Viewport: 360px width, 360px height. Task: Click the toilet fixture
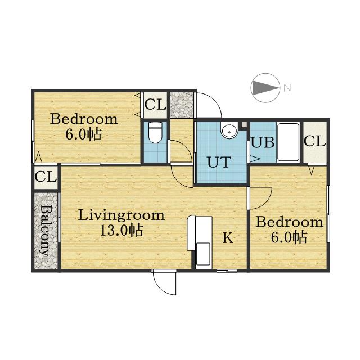pyautogui.click(x=155, y=132)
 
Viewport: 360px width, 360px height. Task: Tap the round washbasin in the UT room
pyautogui.click(x=229, y=129)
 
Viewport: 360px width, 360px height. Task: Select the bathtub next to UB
pyautogui.click(x=289, y=142)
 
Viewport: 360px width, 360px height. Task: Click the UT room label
pyautogui.click(x=219, y=162)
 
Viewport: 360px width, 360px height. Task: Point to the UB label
pyautogui.click(x=263, y=142)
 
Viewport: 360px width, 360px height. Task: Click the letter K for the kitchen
pyautogui.click(x=228, y=237)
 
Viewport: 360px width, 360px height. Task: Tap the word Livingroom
pyautogui.click(x=121, y=215)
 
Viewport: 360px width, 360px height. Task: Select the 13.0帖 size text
pyautogui.click(x=121, y=230)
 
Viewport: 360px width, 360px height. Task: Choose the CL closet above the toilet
pyautogui.click(x=155, y=105)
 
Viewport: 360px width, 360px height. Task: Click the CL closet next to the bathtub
pyautogui.click(x=315, y=141)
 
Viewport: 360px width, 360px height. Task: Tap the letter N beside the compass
pyautogui.click(x=287, y=88)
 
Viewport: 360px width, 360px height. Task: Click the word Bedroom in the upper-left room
pyautogui.click(x=84, y=119)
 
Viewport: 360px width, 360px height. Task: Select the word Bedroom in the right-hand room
pyautogui.click(x=289, y=222)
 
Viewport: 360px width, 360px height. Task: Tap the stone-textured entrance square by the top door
pyautogui.click(x=182, y=105)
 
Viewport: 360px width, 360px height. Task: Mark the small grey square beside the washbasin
pyautogui.click(x=244, y=124)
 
